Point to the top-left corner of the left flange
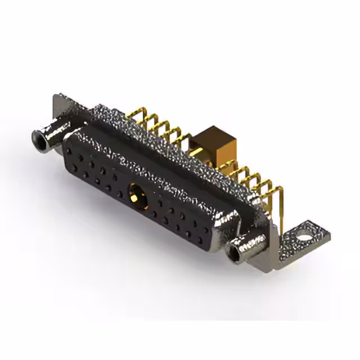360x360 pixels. tap(55, 97)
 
